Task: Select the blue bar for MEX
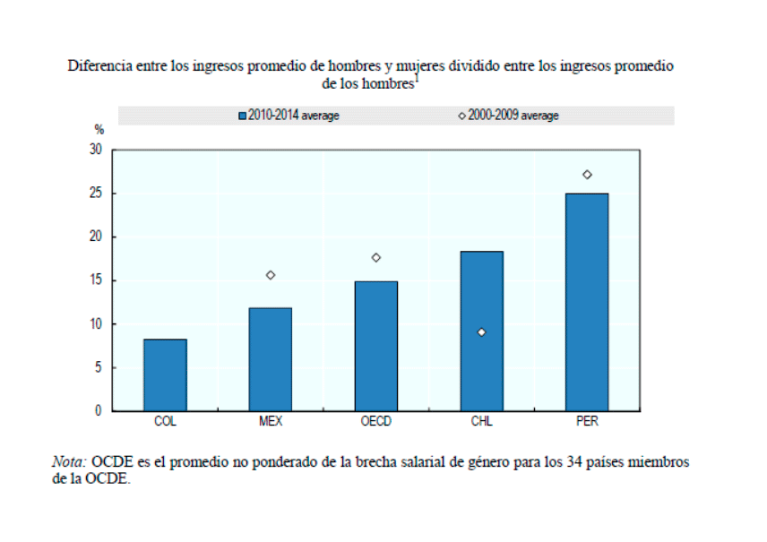click(270, 359)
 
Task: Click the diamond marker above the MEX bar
click(270, 275)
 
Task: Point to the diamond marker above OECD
click(375, 257)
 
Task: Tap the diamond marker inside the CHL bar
click(481, 332)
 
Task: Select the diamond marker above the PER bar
click(587, 175)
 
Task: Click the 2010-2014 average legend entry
click(289, 116)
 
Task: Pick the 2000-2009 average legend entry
click(508, 116)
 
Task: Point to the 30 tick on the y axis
click(96, 150)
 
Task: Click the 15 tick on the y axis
click(96, 280)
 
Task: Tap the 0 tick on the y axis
click(99, 410)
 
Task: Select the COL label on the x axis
click(165, 422)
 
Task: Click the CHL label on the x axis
click(481, 422)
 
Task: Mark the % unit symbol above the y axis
click(99, 130)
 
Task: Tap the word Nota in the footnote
click(68, 462)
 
